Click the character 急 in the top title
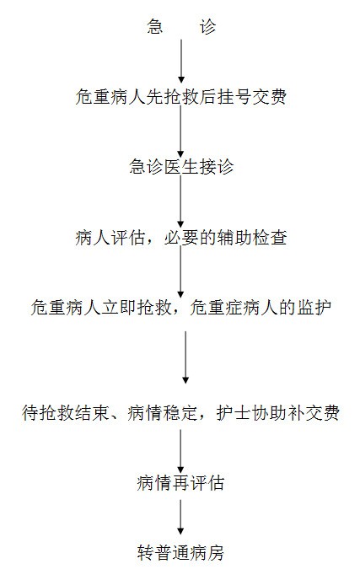pos(154,27)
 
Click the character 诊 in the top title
pos(207,27)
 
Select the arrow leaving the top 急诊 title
pos(181,61)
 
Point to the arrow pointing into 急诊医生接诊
pos(181,132)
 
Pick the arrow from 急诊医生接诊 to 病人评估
pos(181,201)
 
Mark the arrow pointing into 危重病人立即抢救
pos(181,271)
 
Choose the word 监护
pos(314,308)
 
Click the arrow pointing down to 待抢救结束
pos(185,357)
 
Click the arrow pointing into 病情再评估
pos(181,451)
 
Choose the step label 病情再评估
pos(181,483)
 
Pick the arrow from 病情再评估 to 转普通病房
pos(181,517)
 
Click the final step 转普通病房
pos(181,553)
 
